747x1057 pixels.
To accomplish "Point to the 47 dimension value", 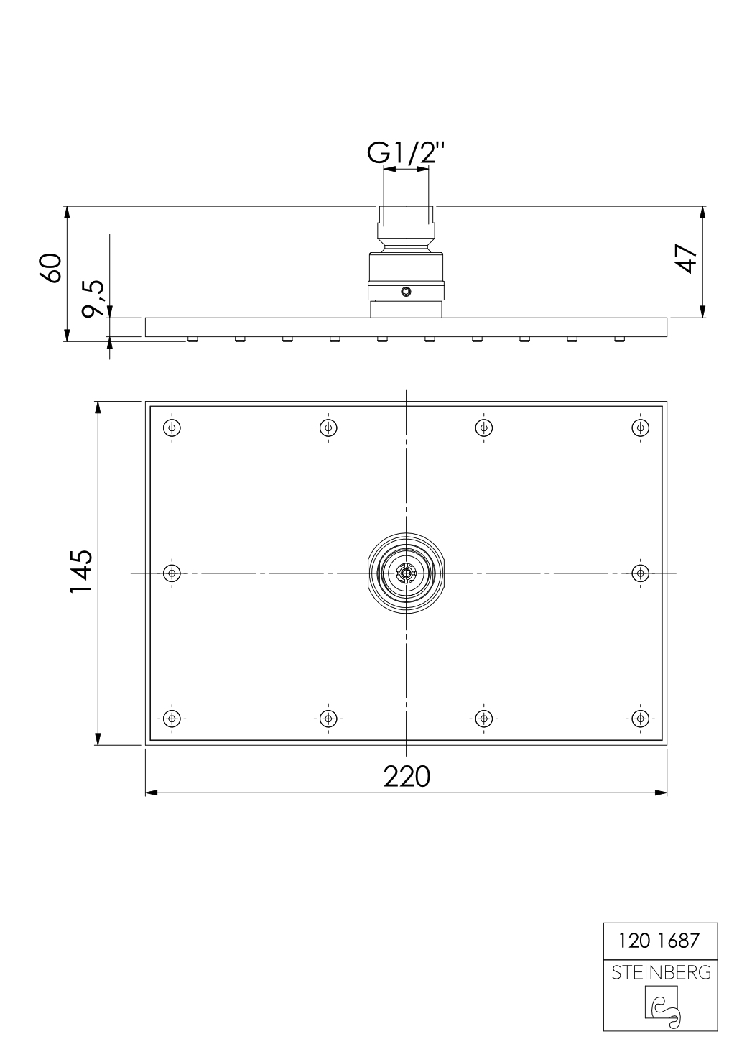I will tap(687, 257).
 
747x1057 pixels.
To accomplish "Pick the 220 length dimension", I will tap(407, 776).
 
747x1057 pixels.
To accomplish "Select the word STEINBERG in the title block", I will tap(661, 974).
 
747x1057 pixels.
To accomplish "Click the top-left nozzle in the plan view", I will tap(171, 428).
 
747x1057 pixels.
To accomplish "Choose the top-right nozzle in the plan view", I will tap(641, 428).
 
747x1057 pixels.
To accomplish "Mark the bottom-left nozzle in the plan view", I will tap(171, 718).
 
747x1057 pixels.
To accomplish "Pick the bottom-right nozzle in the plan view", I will tap(641, 718).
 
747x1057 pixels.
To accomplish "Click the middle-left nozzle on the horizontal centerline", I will tap(171, 573).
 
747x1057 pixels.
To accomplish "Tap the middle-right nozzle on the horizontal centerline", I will tap(641, 573).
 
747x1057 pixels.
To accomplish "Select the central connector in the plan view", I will tap(407, 573).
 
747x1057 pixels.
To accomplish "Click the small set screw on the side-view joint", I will tap(407, 291).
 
